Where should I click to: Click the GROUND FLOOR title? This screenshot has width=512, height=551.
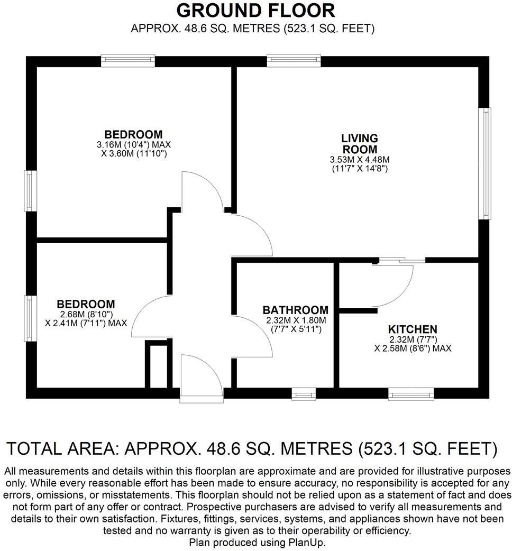pyautogui.click(x=255, y=11)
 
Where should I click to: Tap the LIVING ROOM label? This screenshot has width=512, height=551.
pyautogui.click(x=359, y=143)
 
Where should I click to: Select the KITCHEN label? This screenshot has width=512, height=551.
pyautogui.click(x=413, y=329)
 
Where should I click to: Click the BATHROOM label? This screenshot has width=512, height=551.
pyautogui.click(x=295, y=310)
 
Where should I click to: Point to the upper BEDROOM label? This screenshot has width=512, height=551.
pyautogui.click(x=133, y=134)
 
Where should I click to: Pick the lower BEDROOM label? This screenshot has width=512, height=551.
pyautogui.click(x=86, y=304)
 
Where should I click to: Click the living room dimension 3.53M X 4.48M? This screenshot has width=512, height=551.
pyautogui.click(x=359, y=160)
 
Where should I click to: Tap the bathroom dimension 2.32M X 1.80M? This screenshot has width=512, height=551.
pyautogui.click(x=295, y=320)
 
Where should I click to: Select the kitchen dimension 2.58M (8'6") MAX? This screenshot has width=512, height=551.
pyautogui.click(x=413, y=348)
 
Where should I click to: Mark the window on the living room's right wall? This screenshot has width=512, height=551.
pyautogui.click(x=484, y=163)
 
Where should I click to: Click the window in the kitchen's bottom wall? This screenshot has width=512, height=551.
pyautogui.click(x=411, y=393)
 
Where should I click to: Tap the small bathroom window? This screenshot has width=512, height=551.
pyautogui.click(x=304, y=393)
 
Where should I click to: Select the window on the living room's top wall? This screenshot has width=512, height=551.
pyautogui.click(x=294, y=61)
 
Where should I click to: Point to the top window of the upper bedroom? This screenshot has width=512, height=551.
pyautogui.click(x=128, y=61)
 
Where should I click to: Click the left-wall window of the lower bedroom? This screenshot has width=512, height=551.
pyautogui.click(x=31, y=318)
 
